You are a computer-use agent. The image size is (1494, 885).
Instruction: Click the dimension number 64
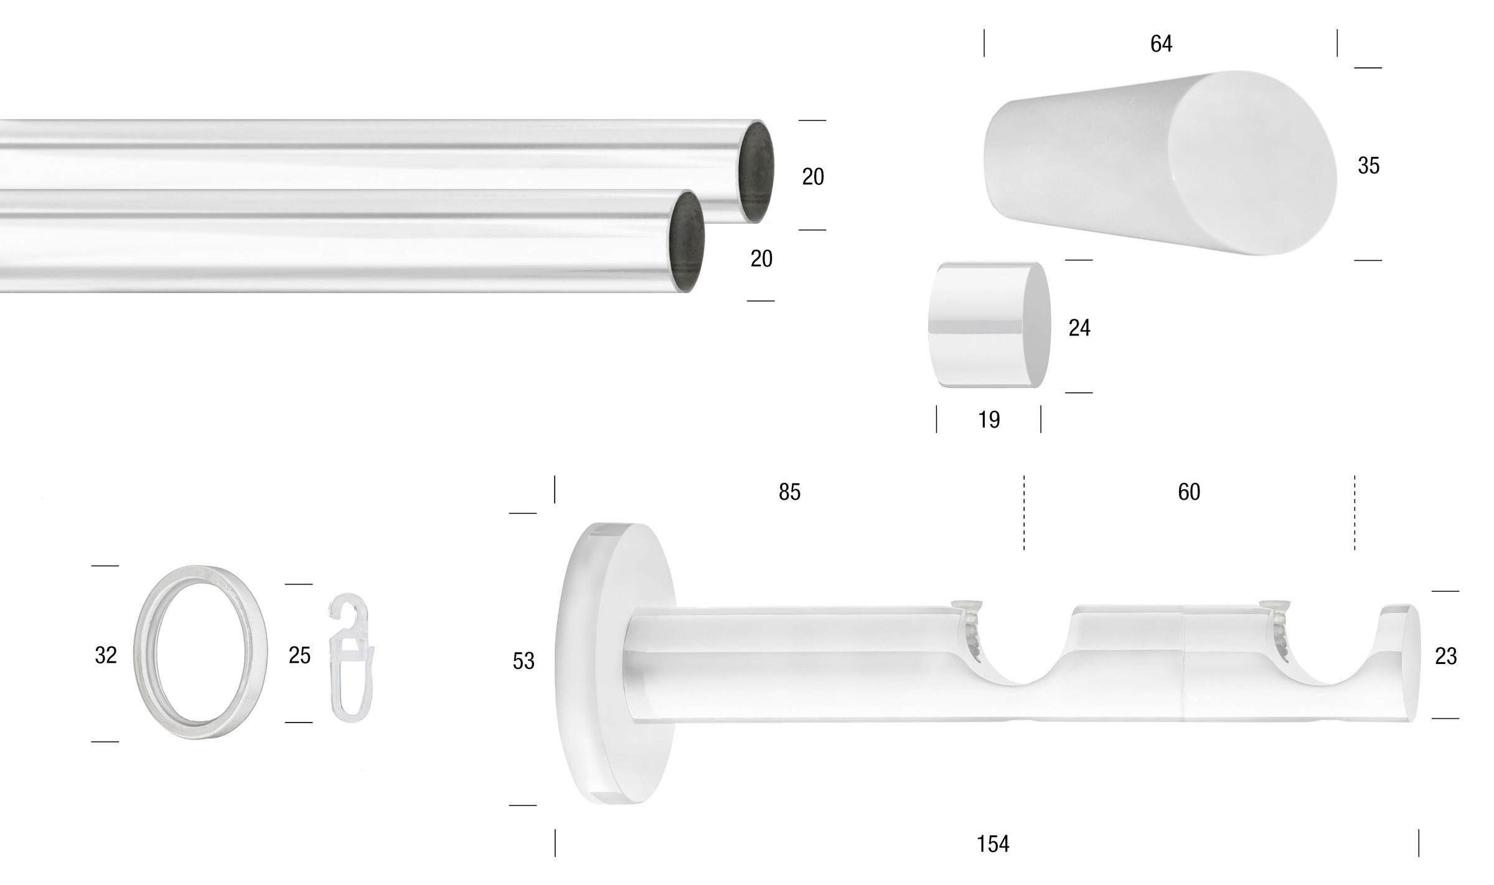click(1161, 44)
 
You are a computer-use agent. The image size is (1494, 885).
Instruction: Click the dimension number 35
click(1368, 166)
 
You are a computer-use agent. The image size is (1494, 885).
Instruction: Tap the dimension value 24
click(1079, 328)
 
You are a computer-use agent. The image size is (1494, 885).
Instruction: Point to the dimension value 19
click(989, 420)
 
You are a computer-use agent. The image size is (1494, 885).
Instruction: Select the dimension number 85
click(789, 492)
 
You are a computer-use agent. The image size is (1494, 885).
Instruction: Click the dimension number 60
click(1188, 492)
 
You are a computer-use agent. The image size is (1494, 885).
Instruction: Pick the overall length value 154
click(992, 844)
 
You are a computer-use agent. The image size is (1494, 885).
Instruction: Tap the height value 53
click(523, 661)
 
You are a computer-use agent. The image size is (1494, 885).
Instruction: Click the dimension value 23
click(1445, 656)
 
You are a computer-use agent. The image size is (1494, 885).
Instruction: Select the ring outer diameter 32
click(105, 655)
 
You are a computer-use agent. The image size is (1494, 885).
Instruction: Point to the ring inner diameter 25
click(299, 655)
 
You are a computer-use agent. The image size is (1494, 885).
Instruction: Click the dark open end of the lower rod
click(687, 241)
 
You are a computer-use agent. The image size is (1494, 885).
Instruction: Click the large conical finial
click(1158, 163)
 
